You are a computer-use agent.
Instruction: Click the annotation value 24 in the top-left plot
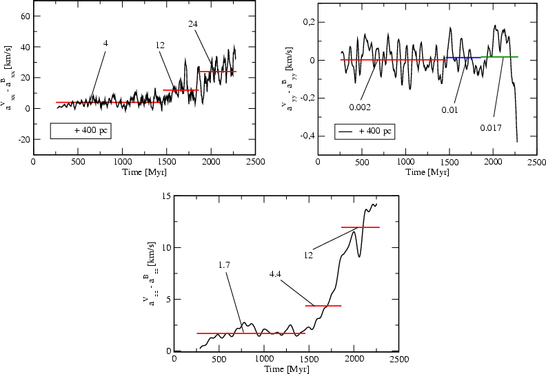(194, 23)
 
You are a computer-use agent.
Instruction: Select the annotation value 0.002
(361, 107)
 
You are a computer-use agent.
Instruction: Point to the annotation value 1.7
(233, 264)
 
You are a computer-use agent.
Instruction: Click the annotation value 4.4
(276, 273)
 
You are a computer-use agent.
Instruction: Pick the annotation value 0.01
(449, 110)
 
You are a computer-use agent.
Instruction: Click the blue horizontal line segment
(463, 58)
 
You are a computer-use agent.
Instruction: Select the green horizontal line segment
(499, 56)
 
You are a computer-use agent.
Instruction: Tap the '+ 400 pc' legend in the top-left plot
(79, 129)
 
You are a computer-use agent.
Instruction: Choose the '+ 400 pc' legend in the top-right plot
(363, 130)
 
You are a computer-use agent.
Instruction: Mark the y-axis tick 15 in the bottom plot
(165, 196)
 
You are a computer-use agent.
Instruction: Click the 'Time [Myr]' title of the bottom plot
(285, 370)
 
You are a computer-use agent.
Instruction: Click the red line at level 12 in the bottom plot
(361, 227)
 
